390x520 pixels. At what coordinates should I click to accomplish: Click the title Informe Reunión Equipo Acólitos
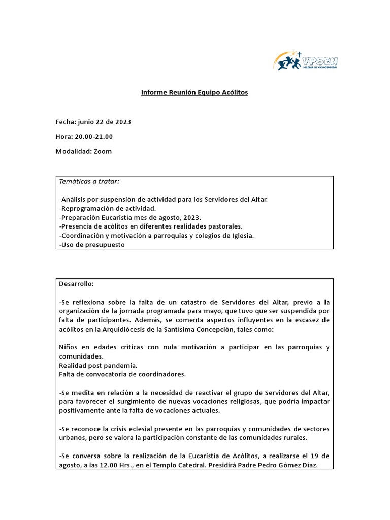pyautogui.click(x=194, y=93)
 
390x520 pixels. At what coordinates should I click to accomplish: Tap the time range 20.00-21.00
pyautogui.click(x=93, y=137)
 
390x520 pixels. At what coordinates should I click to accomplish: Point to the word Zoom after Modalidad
pyautogui.click(x=103, y=151)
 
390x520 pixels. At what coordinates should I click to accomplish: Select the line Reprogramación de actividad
pyautogui.click(x=108, y=208)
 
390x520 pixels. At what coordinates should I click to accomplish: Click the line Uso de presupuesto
pyautogui.click(x=92, y=245)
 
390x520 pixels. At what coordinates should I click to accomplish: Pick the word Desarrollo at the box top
pyautogui.click(x=77, y=284)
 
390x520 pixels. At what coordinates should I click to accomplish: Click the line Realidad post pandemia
pyautogui.click(x=98, y=366)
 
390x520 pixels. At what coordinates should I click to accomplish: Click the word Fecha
pyautogui.click(x=65, y=122)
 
